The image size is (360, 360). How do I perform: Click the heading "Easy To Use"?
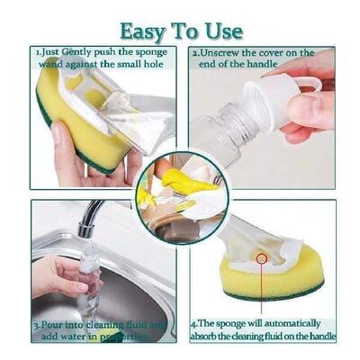181,31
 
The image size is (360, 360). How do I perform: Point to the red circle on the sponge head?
262,258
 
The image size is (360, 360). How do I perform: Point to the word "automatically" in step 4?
280,323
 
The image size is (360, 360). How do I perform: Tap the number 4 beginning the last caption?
193,323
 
